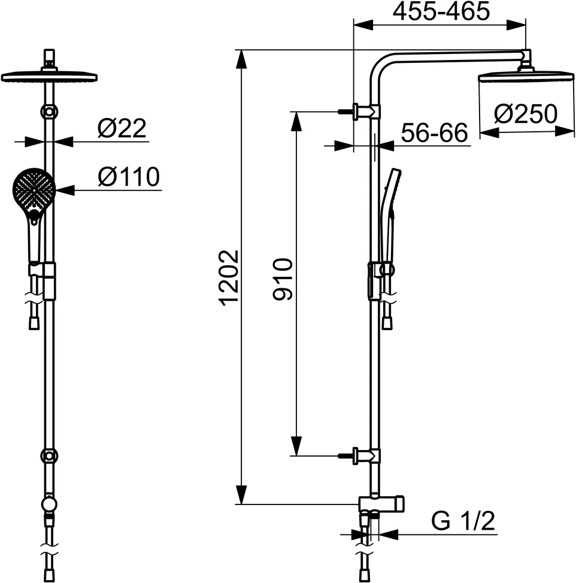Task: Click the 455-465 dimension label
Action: click(441, 11)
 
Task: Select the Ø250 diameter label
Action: click(526, 113)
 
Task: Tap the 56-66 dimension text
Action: click(434, 133)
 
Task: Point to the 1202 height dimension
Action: click(229, 277)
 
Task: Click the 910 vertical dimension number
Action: click(282, 279)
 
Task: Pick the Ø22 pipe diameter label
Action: click(122, 129)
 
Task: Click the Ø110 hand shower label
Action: click(129, 177)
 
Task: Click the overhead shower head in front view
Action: click(49, 77)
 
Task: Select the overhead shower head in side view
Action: click(526, 77)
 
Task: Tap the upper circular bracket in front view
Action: click(49, 111)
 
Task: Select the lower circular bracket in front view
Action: click(49, 456)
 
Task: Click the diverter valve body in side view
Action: click(382, 504)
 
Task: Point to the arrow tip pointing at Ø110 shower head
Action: click(58, 191)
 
